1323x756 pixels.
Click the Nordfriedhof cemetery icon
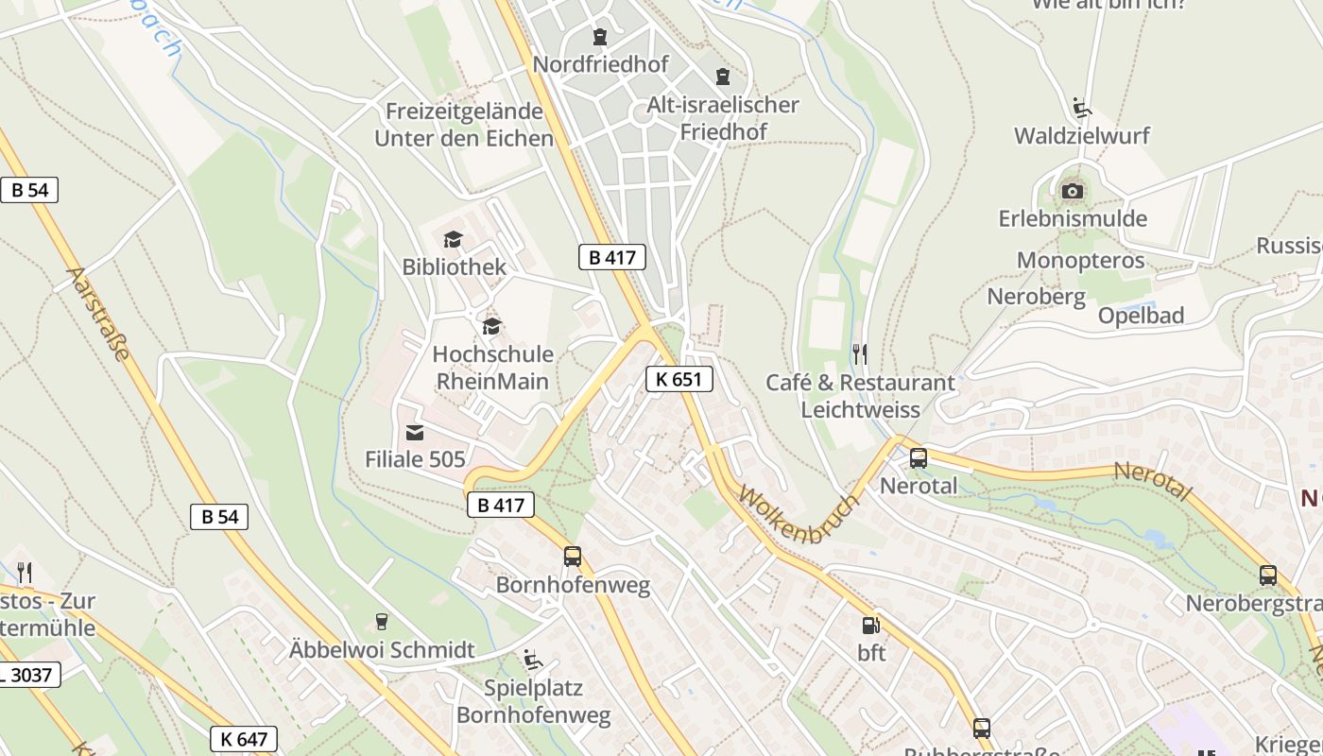pyautogui.click(x=599, y=37)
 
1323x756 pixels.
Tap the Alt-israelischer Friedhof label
pyautogui.click(x=723, y=118)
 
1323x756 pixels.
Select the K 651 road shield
pyautogui.click(x=679, y=379)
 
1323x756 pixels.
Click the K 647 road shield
pyautogui.click(x=244, y=738)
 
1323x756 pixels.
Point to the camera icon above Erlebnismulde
pyautogui.click(x=1072, y=191)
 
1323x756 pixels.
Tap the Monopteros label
pyautogui.click(x=1080, y=260)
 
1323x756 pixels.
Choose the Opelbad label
pyautogui.click(x=1141, y=316)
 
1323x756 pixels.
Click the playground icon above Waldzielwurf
pyautogui.click(x=1081, y=107)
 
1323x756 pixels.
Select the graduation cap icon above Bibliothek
pyautogui.click(x=454, y=239)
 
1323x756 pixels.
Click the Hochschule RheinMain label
pyautogui.click(x=492, y=369)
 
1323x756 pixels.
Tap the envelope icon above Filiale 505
pyautogui.click(x=414, y=433)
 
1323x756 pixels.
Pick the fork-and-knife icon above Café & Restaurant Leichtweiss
pyautogui.click(x=859, y=354)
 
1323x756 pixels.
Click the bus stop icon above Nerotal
pyautogui.click(x=918, y=458)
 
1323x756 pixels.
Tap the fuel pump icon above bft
pyautogui.click(x=869, y=625)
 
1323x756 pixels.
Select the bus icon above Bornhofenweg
pyautogui.click(x=572, y=557)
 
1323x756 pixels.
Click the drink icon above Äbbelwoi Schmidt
pyautogui.click(x=381, y=621)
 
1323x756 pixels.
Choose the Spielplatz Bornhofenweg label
pyautogui.click(x=533, y=701)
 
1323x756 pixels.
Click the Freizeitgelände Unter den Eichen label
pyautogui.click(x=463, y=124)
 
